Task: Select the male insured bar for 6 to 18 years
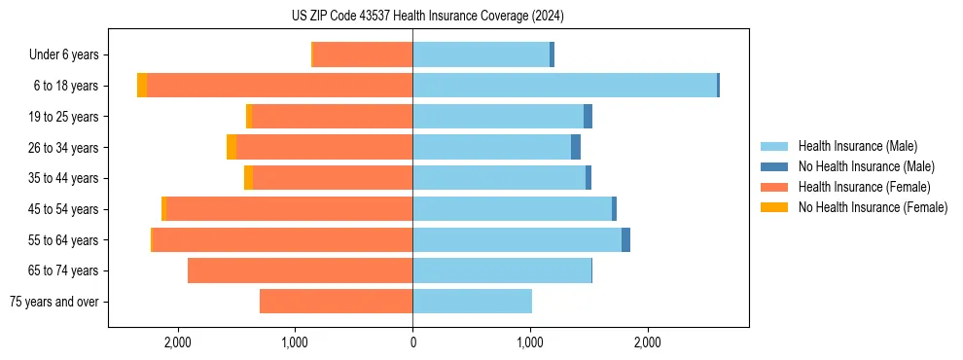[x=564, y=86]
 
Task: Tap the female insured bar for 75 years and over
[x=337, y=302]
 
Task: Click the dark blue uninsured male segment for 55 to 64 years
[x=625, y=239]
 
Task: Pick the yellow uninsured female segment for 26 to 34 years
[x=232, y=147]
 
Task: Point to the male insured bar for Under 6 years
[x=481, y=54]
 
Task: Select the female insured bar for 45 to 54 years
[x=289, y=209]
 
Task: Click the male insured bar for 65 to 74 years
[x=502, y=270]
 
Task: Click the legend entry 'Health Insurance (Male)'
[x=857, y=146]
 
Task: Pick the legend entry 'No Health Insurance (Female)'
[x=873, y=207]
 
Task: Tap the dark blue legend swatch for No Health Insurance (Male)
[x=774, y=166]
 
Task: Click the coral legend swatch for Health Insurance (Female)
[x=774, y=187]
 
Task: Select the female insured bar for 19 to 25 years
[x=332, y=117]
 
